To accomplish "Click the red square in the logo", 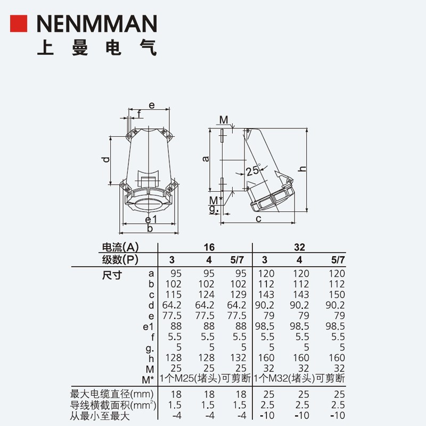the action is click(x=19, y=23).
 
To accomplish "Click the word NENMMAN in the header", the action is click(x=97, y=23).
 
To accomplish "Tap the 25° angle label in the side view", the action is click(x=253, y=170).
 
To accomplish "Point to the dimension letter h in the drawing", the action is click(x=302, y=169).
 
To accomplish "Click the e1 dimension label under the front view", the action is click(x=151, y=219).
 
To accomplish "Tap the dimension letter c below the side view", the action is click(x=258, y=219).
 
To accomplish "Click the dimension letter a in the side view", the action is click(x=206, y=159).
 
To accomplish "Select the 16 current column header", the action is click(x=209, y=247).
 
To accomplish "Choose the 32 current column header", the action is click(x=299, y=247).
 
